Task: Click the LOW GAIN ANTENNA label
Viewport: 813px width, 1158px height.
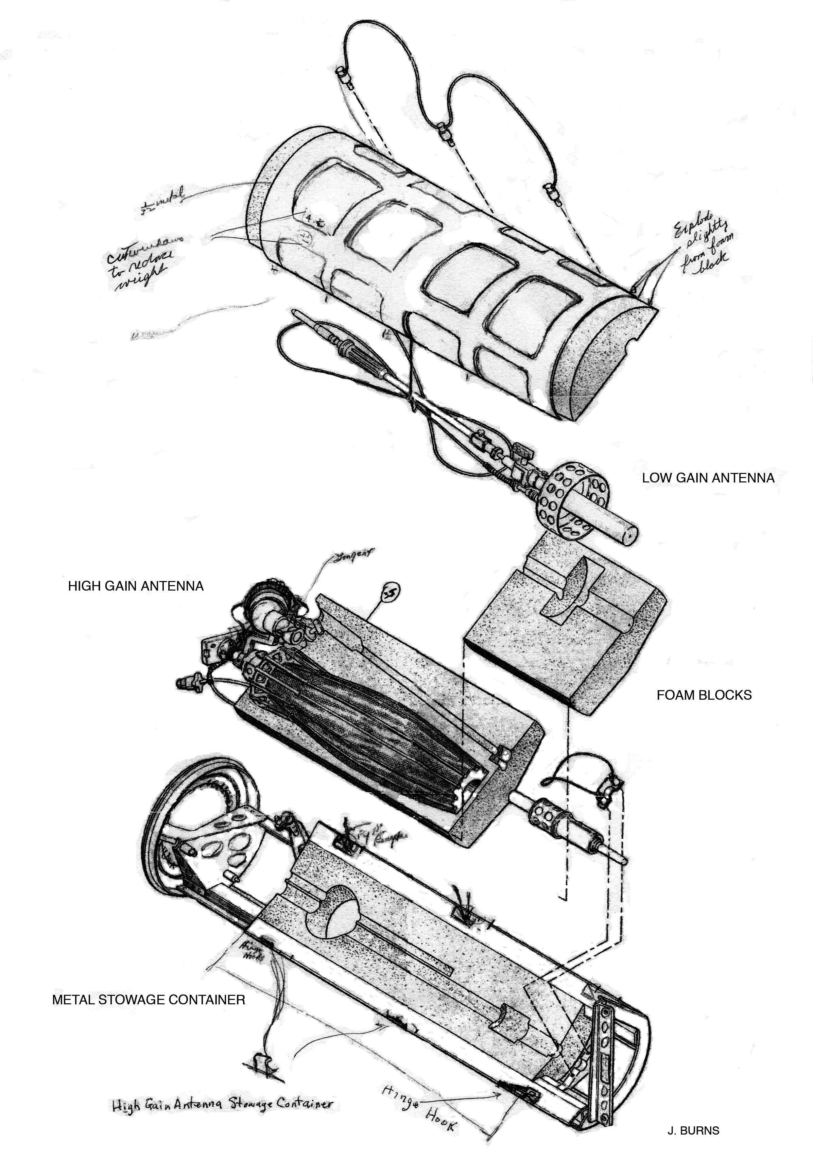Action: pos(708,478)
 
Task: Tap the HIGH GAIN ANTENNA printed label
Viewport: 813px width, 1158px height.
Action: pos(136,586)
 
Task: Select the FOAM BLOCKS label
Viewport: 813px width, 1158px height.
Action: pos(704,695)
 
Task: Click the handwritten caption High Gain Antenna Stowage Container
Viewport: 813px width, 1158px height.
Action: pos(222,1101)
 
